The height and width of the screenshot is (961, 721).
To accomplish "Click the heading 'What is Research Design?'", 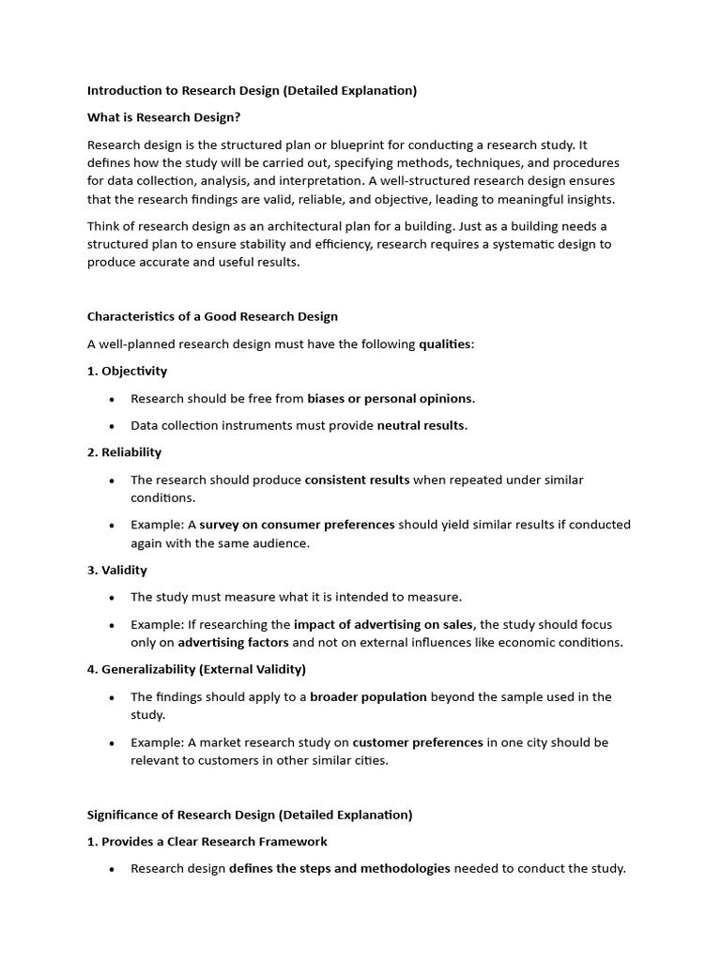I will (170, 117).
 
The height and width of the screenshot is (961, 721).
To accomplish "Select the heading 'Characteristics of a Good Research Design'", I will (212, 316).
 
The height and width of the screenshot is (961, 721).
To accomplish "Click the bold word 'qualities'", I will (445, 344).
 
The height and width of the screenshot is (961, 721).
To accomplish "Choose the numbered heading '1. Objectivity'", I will (127, 371).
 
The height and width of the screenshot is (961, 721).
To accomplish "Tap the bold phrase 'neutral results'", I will (421, 425).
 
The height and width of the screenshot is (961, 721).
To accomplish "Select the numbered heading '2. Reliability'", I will (124, 452).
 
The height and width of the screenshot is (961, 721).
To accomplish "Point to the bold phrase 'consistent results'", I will (357, 480).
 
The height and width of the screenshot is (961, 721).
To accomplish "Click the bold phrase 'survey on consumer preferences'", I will (297, 525).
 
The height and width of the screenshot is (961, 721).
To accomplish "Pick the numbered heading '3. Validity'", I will (116, 570).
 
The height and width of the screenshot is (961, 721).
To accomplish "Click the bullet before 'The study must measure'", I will (111, 598).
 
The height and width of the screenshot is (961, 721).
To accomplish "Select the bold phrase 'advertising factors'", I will (233, 643).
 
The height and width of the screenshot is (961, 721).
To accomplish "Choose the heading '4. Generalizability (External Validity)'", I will (196, 669).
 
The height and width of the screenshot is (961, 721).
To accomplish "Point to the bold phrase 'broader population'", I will (368, 696).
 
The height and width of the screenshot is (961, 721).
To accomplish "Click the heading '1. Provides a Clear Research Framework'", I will (207, 841).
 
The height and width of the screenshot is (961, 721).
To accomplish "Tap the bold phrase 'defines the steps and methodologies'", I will (340, 868).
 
